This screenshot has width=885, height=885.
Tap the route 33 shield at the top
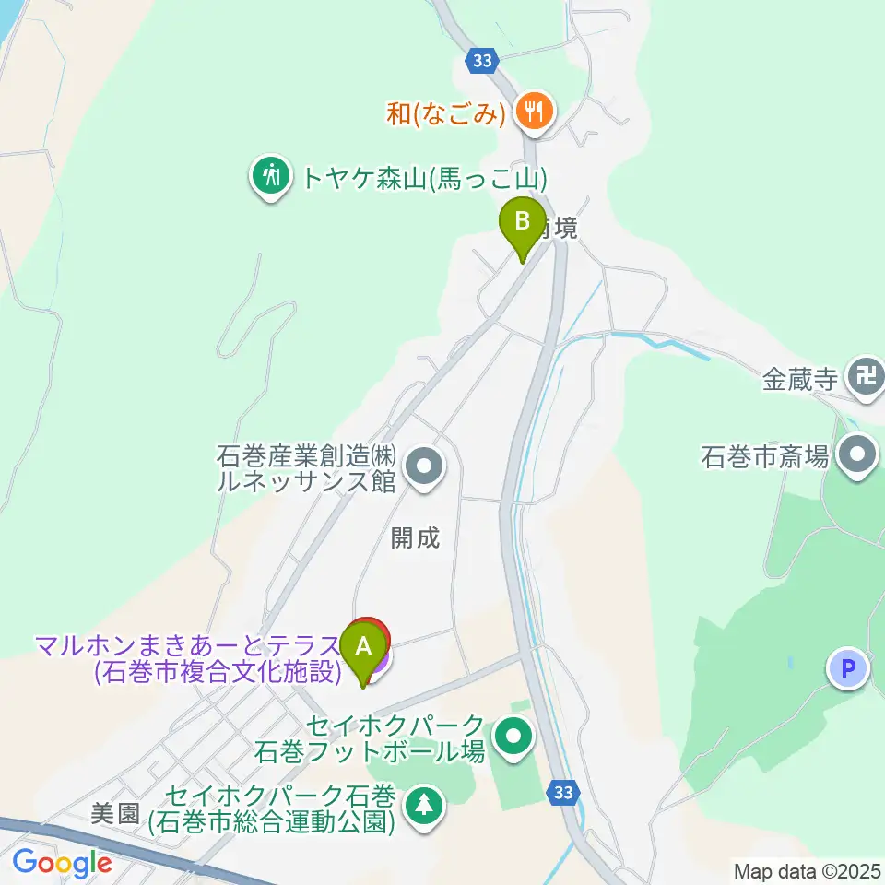(x=480, y=61)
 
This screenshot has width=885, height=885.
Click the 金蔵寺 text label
(x=799, y=379)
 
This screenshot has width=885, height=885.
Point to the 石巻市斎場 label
(x=765, y=455)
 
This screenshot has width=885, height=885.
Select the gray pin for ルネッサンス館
(x=424, y=466)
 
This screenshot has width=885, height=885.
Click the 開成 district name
(x=416, y=538)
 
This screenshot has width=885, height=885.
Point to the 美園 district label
(x=114, y=813)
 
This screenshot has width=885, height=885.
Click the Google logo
(x=62, y=863)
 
